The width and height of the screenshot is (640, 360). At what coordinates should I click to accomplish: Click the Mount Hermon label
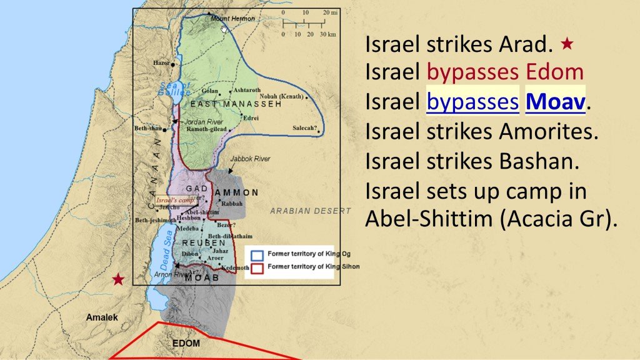tap(232, 19)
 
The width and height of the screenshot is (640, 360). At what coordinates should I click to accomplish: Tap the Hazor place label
tap(161, 63)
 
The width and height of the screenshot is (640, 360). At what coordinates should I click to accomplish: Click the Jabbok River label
tap(250, 159)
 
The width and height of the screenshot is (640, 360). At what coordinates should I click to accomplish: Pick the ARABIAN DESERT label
tap(310, 211)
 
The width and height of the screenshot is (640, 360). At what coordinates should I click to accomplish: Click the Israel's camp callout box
tap(176, 200)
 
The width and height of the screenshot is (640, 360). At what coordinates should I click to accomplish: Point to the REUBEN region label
tap(204, 242)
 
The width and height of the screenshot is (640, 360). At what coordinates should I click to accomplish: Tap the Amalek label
tap(102, 317)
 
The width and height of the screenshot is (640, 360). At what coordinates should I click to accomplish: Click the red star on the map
tap(117, 279)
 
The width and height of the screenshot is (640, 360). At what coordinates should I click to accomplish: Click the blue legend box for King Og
tap(256, 255)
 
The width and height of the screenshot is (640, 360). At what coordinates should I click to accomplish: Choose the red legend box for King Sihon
tap(256, 267)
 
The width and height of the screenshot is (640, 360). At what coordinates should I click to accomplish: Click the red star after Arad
tap(567, 44)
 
